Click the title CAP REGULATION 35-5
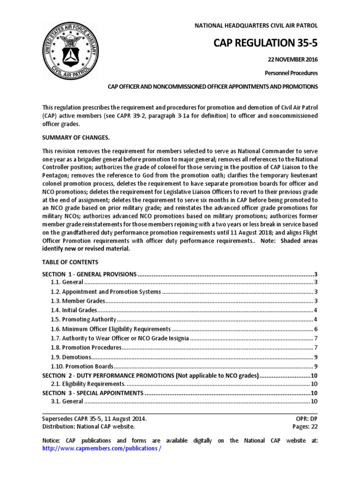tap(265, 44)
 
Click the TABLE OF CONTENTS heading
tap(70, 262)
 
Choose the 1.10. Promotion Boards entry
tap(82, 366)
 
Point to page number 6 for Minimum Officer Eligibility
tap(316, 329)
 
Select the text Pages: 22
tap(304, 426)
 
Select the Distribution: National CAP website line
tap(88, 426)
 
